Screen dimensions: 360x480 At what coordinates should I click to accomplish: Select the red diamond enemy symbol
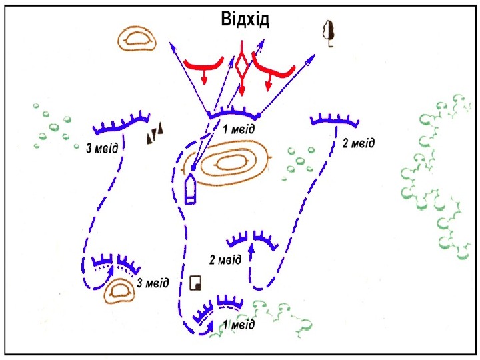pos(242,66)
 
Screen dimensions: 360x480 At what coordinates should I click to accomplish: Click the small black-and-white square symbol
pos(196,283)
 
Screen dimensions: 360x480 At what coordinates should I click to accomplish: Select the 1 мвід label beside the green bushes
pos(239,325)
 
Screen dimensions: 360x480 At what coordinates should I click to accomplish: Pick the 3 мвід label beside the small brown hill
pos(153,283)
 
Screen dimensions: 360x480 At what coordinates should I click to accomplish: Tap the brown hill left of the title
pos(137,39)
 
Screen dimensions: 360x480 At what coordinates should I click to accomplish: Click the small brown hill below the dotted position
pos(121,290)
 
